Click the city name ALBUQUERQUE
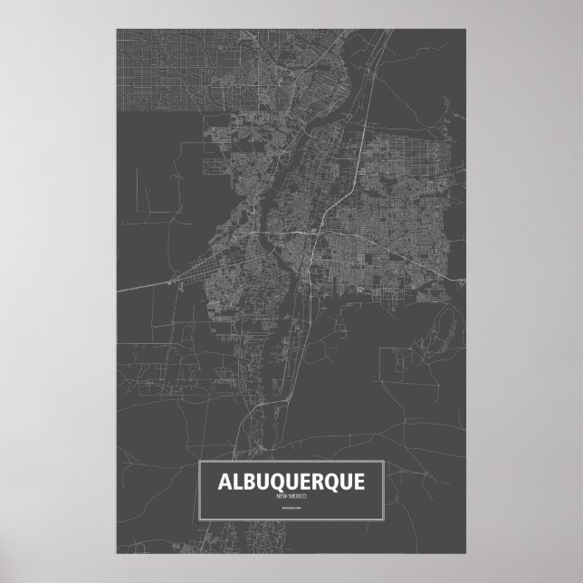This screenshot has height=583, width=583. point(291,482)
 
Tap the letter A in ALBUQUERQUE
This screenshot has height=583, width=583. point(222,482)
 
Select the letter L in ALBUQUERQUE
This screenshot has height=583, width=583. point(234,482)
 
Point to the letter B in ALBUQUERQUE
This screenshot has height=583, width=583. point(247,482)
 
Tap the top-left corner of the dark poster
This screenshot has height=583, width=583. point(116,28)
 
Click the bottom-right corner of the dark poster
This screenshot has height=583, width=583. point(467,554)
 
